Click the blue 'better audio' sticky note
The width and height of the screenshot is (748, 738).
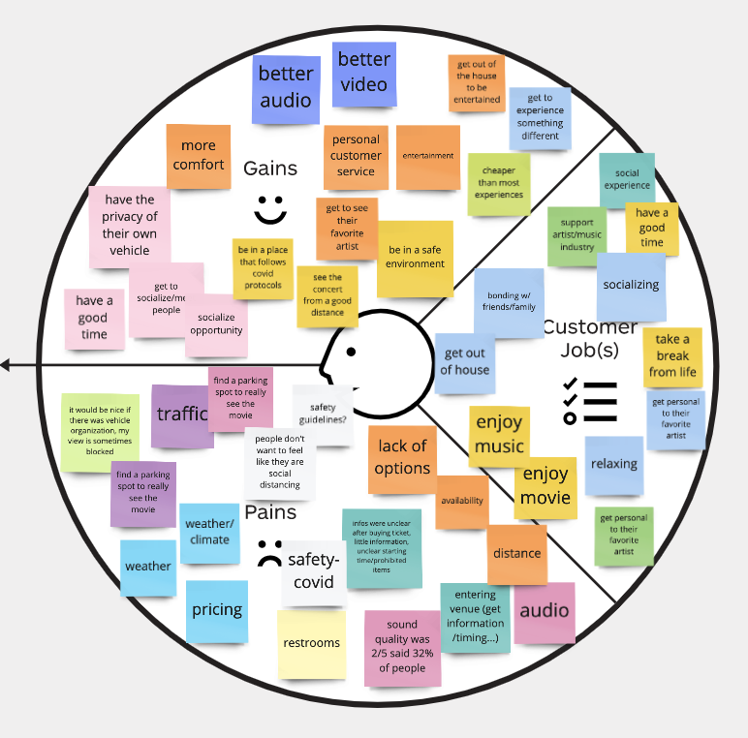click(286, 88)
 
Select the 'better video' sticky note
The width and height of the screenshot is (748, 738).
click(364, 74)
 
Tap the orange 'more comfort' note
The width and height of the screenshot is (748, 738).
click(199, 156)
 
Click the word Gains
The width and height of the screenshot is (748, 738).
click(270, 169)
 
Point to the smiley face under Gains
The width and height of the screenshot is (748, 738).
click(271, 208)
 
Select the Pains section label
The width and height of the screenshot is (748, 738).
click(270, 512)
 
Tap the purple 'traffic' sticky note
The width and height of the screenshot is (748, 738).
click(181, 415)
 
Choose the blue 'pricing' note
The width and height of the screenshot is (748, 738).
click(217, 610)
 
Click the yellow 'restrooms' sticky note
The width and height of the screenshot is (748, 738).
click(311, 643)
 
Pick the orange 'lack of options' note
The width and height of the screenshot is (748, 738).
click(402, 457)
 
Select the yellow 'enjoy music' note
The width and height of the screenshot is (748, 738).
click(499, 434)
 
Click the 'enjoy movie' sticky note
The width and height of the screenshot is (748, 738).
click(545, 486)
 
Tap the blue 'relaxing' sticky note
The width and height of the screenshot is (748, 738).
click(613, 464)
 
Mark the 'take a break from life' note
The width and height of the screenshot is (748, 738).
click(672, 355)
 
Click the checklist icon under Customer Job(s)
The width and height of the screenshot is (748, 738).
click(589, 400)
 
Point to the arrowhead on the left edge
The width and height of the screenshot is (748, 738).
click(6, 365)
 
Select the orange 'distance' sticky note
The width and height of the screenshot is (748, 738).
click(516, 553)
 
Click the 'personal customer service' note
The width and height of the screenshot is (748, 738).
click(356, 155)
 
